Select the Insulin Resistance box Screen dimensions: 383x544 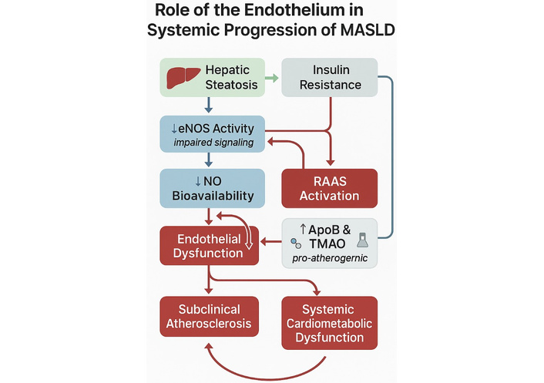click(x=331, y=76)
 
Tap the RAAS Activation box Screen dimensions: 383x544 click(x=331, y=187)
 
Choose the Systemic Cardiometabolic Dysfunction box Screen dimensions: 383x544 click(x=330, y=321)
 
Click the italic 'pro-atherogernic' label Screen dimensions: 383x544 click(x=330, y=257)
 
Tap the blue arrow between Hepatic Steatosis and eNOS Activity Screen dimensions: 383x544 click(x=208, y=106)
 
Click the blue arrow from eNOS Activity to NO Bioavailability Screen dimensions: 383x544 click(x=208, y=160)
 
